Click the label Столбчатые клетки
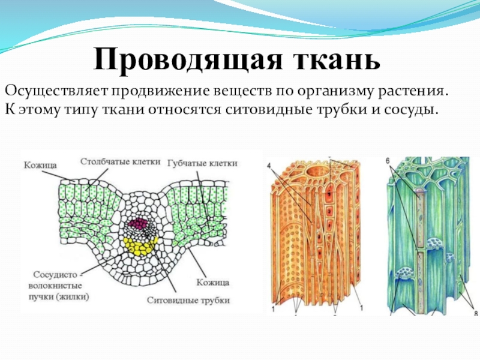coord(120,161)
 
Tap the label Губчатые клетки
coord(203,163)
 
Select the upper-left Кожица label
coord(40,164)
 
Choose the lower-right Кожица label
coord(213,281)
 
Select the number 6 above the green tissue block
coord(388,161)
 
